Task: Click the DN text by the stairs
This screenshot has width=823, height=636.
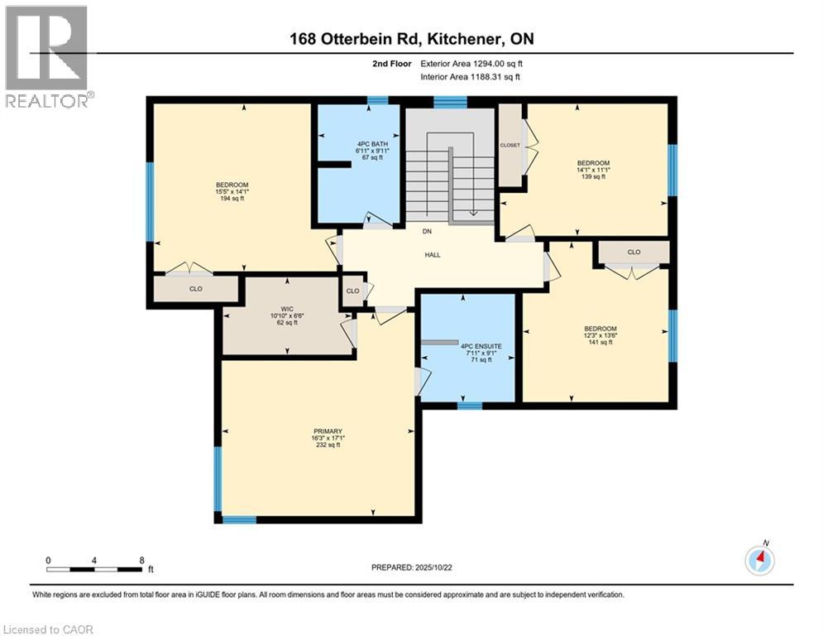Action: click(427, 232)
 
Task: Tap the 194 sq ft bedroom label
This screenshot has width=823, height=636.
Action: click(232, 185)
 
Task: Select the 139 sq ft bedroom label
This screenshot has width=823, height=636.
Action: click(593, 163)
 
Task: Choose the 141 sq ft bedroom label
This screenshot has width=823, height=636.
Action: click(601, 328)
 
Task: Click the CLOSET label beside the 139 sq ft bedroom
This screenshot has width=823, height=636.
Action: click(510, 145)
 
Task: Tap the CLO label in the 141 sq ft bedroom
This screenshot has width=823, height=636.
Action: click(634, 252)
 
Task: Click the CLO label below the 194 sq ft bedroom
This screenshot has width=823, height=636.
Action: click(196, 289)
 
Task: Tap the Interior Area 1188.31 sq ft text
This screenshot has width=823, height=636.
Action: click(471, 77)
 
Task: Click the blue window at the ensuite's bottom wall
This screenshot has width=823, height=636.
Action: click(469, 405)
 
